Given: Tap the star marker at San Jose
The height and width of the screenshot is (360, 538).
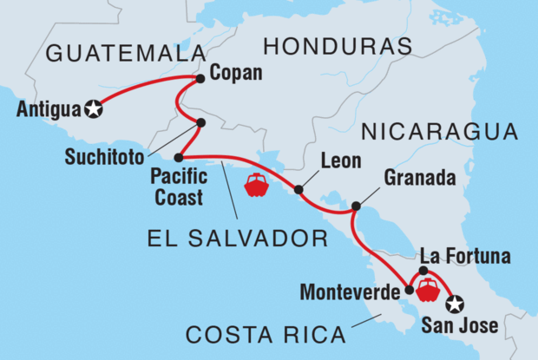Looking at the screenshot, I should (x=454, y=304).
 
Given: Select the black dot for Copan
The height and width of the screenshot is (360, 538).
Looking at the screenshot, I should (x=200, y=79).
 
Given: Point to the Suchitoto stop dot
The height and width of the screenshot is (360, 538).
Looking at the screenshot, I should (x=200, y=123).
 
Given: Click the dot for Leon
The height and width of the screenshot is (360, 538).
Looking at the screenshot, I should (x=299, y=189).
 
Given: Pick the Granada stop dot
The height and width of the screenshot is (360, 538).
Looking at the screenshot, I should (x=356, y=206).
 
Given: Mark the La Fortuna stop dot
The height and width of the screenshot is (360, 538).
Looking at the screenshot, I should (x=423, y=272).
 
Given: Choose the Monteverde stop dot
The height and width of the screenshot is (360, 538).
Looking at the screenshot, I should (x=409, y=291).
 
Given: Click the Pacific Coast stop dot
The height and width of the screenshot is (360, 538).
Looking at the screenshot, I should (x=178, y=158).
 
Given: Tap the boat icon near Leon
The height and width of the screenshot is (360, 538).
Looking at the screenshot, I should (x=257, y=185).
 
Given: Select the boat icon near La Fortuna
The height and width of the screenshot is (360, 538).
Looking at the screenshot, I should (x=428, y=291).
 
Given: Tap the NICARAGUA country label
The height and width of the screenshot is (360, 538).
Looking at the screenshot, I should (x=439, y=133).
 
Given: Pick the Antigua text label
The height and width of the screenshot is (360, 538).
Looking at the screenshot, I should (x=47, y=110).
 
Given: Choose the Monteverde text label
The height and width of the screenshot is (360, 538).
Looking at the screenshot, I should (x=351, y=293).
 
